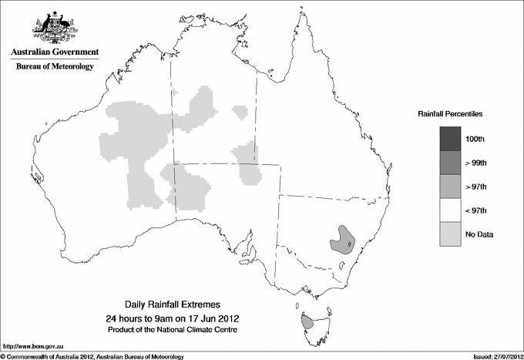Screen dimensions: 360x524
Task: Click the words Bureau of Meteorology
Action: click(x=55, y=67)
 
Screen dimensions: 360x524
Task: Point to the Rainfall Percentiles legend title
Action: click(x=450, y=114)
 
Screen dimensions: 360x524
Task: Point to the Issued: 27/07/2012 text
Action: click(x=493, y=356)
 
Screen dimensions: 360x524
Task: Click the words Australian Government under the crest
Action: click(x=55, y=52)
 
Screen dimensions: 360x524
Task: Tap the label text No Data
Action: click(x=487, y=234)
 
